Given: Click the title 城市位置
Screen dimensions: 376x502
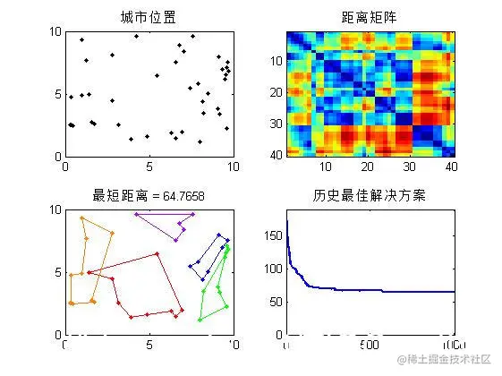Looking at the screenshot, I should [x=148, y=17].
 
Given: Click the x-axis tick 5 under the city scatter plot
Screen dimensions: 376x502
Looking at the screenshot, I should [x=149, y=167].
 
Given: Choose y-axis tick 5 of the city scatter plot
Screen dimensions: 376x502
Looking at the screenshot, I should [x=57, y=94].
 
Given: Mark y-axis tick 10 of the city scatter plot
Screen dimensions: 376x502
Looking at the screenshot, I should [x=55, y=31].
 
